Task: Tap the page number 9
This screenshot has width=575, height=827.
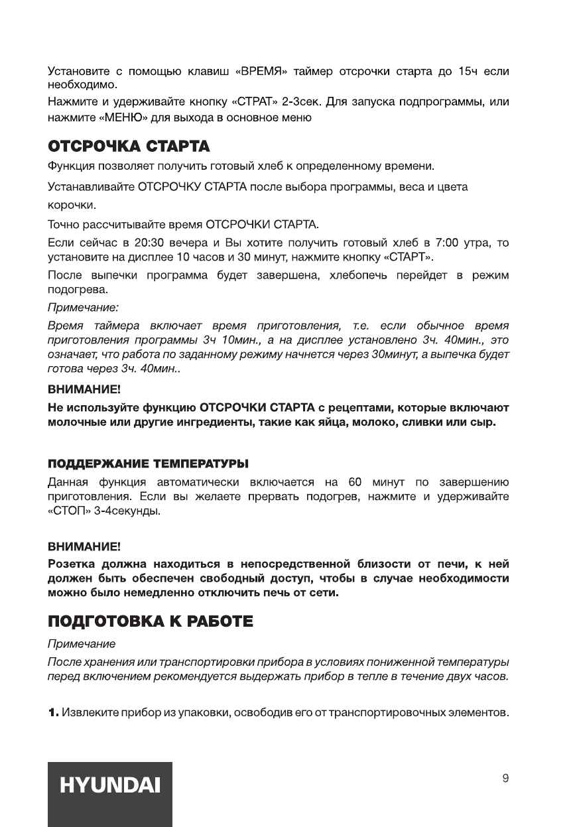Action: click(505, 779)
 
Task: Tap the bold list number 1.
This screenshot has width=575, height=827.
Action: click(53, 713)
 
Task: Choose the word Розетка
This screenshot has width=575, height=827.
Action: click(71, 565)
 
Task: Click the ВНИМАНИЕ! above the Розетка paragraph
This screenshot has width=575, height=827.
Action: click(84, 548)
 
